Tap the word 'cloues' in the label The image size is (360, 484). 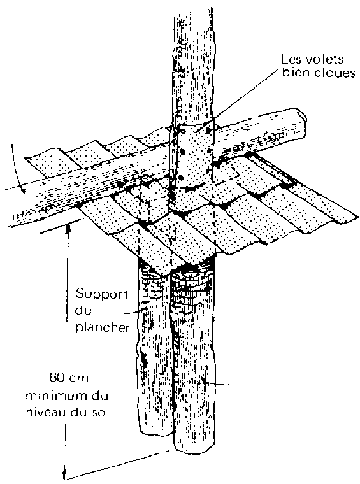click(x=335, y=73)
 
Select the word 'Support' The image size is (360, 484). click(x=102, y=295)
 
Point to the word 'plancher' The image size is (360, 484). click(x=103, y=327)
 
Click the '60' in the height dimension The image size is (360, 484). click(x=57, y=378)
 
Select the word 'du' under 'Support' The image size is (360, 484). click(x=83, y=310)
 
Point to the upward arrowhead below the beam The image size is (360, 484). click(x=69, y=229)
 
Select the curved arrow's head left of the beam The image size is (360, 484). click(x=22, y=190)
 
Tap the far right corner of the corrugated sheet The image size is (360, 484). click(x=358, y=217)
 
